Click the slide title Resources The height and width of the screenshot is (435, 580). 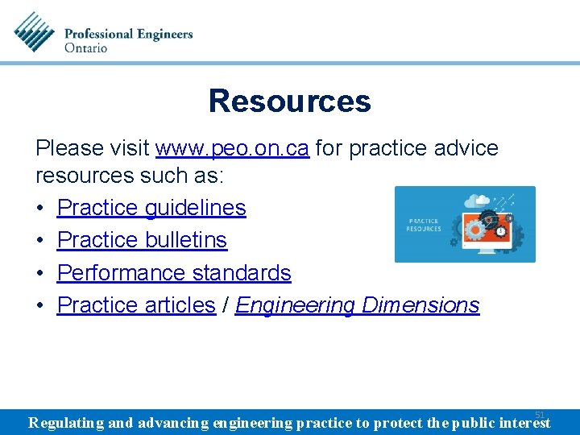pos(289,101)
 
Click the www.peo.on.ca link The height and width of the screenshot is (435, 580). pos(232,148)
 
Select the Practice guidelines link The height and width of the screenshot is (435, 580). pos(151,208)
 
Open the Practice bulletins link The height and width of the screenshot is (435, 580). pos(142,240)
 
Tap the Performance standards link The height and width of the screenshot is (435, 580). pos(174,273)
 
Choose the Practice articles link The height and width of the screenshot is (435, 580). pos(136,305)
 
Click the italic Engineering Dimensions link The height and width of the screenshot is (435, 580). pos(357,305)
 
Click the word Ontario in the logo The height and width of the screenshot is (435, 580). pos(85,48)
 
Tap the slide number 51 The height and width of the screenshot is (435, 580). pos(540,414)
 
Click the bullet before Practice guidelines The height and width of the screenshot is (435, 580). pos(39,208)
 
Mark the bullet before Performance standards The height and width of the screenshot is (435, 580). pos(39,273)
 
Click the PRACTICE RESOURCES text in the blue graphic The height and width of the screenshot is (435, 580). pos(425,225)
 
